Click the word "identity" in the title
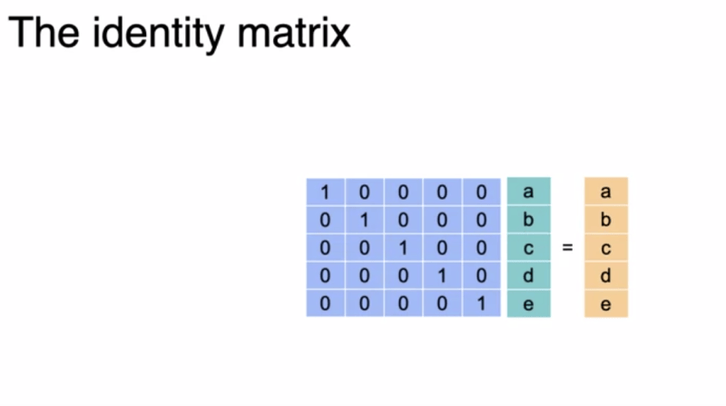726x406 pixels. click(x=158, y=34)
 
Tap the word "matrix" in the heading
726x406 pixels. click(x=293, y=33)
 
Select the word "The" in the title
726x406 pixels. click(x=44, y=33)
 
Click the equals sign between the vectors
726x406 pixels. click(x=567, y=248)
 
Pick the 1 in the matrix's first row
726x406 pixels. click(x=325, y=192)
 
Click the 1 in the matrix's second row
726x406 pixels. click(x=365, y=220)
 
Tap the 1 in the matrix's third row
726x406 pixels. click(x=403, y=248)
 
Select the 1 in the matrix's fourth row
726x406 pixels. click(x=442, y=276)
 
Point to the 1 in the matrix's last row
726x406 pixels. click(x=482, y=303)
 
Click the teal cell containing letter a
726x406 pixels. click(x=529, y=191)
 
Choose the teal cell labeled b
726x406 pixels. click(x=529, y=219)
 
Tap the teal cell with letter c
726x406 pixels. click(x=529, y=247)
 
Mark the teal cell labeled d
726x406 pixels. click(x=529, y=276)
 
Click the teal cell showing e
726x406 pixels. click(x=529, y=303)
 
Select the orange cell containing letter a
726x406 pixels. click(x=606, y=191)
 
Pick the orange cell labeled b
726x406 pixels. click(x=606, y=219)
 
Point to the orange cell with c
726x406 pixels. click(x=606, y=247)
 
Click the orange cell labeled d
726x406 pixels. click(x=606, y=276)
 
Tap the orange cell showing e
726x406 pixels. click(x=606, y=303)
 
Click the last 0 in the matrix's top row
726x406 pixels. click(x=482, y=192)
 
